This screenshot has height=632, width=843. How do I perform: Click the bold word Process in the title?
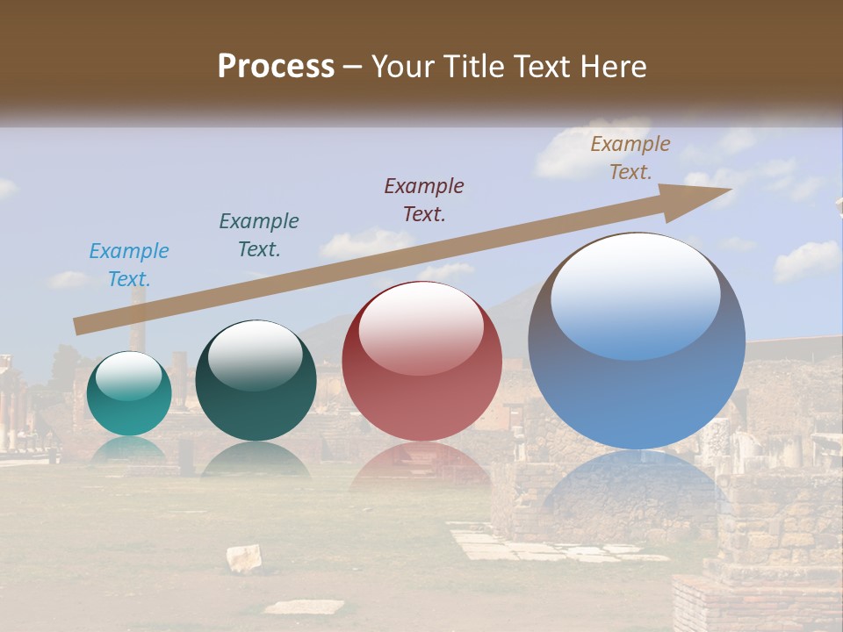pyautogui.click(x=276, y=67)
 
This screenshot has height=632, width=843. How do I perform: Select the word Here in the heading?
pyautogui.click(x=613, y=67)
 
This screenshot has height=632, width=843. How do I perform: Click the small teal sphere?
pyautogui.click(x=129, y=394)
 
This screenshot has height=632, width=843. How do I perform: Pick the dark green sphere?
pyautogui.click(x=256, y=382)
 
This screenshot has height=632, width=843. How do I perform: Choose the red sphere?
pyautogui.click(x=421, y=362)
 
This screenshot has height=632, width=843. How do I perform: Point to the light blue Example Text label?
pyautogui.click(x=129, y=265)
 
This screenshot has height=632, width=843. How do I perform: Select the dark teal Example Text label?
pyautogui.click(x=259, y=235)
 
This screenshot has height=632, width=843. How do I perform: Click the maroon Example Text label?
pyautogui.click(x=424, y=199)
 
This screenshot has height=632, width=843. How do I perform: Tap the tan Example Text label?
pyautogui.click(x=630, y=158)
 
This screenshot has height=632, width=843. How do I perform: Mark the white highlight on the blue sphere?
pyautogui.click(x=636, y=294)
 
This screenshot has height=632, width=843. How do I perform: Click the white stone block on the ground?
pyautogui.click(x=244, y=557)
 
